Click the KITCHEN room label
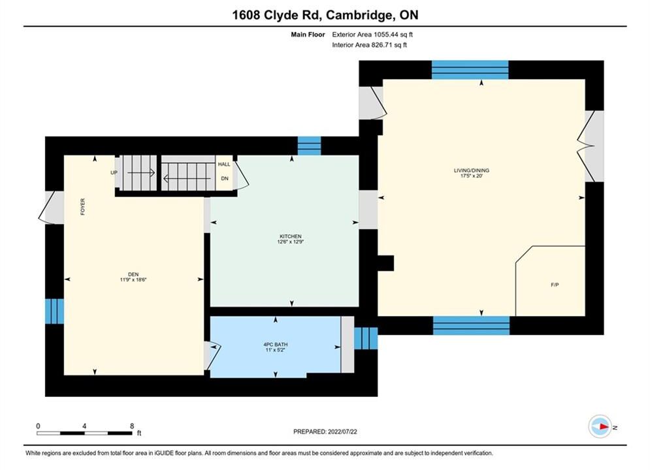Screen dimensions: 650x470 290,236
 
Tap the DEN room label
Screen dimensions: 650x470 133,275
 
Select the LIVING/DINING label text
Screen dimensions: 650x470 472,170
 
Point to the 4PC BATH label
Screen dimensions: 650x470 276,345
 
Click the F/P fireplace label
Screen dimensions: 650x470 555,285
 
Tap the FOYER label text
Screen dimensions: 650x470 82,207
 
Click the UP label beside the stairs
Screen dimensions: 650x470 114,173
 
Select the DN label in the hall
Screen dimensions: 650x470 225,178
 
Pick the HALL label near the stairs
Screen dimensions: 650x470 224,164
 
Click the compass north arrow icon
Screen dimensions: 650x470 600,426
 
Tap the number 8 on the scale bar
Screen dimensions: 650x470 132,426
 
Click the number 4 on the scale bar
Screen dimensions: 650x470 84,426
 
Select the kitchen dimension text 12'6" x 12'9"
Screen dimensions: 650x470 290,242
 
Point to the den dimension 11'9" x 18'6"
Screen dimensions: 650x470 133,280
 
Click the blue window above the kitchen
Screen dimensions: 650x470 309,146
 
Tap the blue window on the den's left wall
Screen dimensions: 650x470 54,311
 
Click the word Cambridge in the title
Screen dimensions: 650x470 359,15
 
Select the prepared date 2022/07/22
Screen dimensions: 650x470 342,431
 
